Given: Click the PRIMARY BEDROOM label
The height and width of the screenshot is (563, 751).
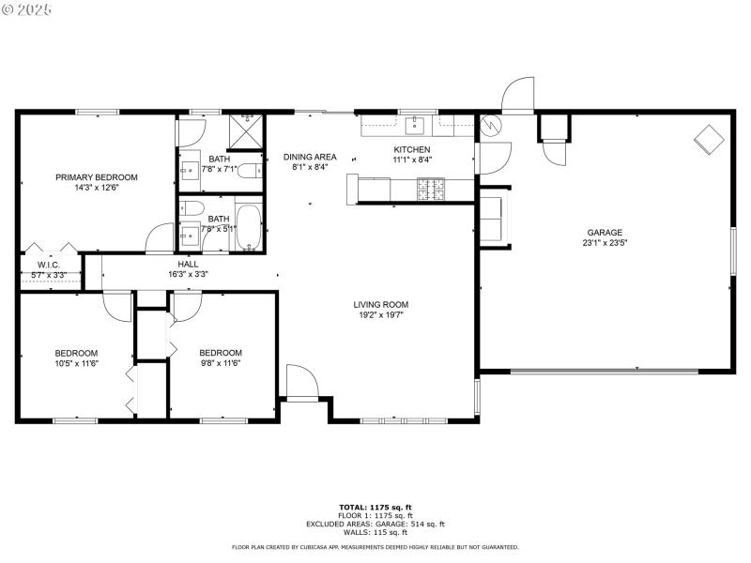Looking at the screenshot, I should click(96, 177).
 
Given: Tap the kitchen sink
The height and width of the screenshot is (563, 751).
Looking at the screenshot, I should click(419, 125).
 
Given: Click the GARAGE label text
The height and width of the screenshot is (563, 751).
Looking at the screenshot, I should click(605, 233).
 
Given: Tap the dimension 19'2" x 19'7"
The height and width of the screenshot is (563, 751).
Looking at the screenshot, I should click(380, 315).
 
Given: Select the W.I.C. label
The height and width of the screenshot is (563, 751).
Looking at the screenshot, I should click(49, 265).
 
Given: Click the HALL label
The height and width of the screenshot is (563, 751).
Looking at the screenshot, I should click(188, 265).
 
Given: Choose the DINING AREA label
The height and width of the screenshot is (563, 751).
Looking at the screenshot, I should click(310, 157).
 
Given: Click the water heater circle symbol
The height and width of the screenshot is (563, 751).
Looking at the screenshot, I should click(489, 124).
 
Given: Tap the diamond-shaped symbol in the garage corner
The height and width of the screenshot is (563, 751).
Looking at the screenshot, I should click(708, 140).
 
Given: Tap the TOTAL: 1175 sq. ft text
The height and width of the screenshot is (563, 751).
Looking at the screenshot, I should click(375, 508).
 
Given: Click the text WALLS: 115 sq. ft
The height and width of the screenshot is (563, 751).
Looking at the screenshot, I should click(375, 532).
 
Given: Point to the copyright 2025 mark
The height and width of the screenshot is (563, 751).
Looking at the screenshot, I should click(28, 8).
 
